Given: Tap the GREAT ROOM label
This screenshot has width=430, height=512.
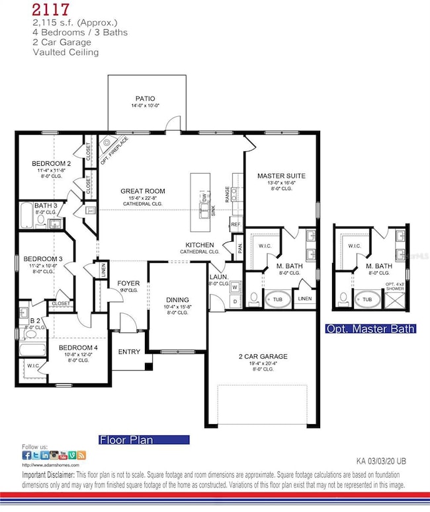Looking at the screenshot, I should click(142, 191).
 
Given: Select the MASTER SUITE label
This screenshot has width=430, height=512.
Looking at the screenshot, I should click(280, 176).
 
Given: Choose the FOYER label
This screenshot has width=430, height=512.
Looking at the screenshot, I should click(128, 283).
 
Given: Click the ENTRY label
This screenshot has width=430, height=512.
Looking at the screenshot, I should click(129, 351).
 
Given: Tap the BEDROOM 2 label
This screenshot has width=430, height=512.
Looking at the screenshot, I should click(51, 163).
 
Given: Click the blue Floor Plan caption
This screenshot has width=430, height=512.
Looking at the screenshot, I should click(144, 439).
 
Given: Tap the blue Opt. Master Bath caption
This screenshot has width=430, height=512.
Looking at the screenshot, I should click(370, 328).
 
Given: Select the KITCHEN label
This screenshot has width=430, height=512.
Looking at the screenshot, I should click(201, 244).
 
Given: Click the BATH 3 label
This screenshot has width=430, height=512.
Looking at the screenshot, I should click(46, 205).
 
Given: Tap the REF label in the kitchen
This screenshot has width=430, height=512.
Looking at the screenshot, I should click(236, 225).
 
